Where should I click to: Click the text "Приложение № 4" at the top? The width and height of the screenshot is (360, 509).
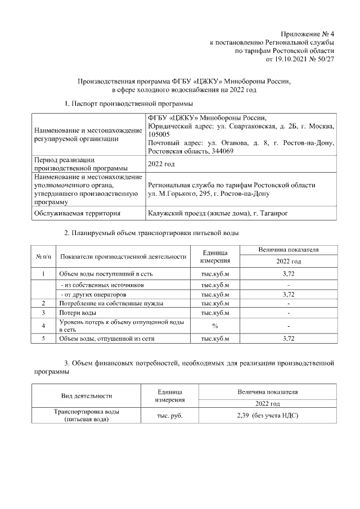308,34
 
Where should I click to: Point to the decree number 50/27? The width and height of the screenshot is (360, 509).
326,58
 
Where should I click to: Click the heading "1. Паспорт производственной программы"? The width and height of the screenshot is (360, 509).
129,104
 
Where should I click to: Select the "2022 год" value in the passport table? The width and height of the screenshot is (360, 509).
161,164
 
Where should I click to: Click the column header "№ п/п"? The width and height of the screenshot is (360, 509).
44,256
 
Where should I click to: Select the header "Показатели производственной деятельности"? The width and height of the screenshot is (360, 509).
123,256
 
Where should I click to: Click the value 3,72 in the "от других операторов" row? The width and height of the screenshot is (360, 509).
288,294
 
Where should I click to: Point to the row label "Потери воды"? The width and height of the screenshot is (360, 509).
78,312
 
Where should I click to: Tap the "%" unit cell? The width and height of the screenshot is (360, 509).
215,326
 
